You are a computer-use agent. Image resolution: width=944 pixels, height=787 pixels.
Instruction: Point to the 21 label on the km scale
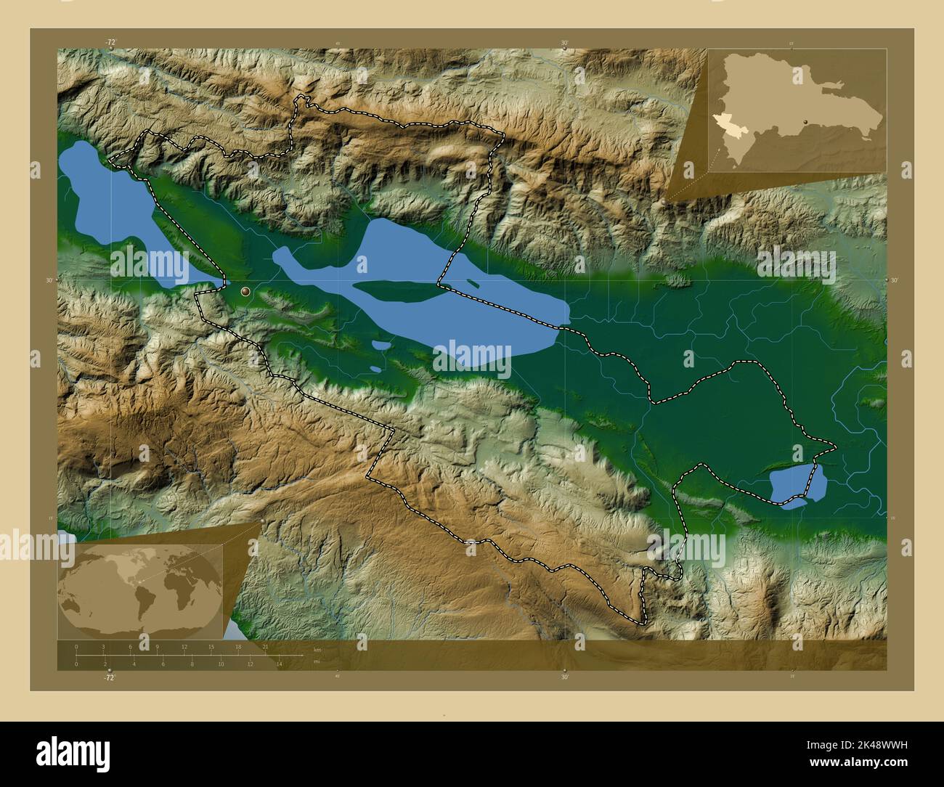click(x=266, y=646)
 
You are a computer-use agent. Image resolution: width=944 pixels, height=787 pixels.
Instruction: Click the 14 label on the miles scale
click(x=280, y=664)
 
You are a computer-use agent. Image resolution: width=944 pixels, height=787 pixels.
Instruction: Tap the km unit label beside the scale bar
click(x=317, y=649)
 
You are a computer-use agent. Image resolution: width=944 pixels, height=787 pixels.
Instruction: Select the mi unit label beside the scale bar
click(x=316, y=661)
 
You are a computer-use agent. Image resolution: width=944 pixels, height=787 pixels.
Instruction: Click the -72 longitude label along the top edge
click(x=110, y=43)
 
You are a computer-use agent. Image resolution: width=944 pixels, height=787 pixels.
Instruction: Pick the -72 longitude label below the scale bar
click(x=110, y=677)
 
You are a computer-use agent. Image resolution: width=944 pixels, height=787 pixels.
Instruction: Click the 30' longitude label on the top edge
click(x=564, y=43)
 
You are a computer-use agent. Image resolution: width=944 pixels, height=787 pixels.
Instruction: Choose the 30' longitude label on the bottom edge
click(x=564, y=677)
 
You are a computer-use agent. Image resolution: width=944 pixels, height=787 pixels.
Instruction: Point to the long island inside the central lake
click(x=396, y=292)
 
